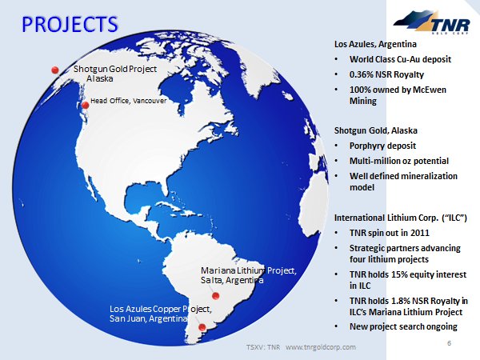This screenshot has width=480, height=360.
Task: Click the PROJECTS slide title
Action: click(70, 24)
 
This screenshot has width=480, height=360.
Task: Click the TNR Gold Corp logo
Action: click(432, 22)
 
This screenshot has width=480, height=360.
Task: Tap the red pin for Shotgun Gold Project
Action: click(55, 70)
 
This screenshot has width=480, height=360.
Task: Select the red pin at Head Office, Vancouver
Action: click(86, 106)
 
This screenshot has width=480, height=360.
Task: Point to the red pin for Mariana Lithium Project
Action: click(215, 296)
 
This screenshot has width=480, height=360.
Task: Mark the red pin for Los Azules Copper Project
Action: click(202, 327)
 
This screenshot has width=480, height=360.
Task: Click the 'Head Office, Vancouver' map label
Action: click(129, 101)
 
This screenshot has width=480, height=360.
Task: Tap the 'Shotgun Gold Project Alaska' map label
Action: click(115, 74)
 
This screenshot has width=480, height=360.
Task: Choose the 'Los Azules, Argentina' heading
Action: click(375, 44)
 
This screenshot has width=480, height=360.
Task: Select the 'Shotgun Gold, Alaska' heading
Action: click(376, 130)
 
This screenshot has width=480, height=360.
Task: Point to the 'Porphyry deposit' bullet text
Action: click(382, 146)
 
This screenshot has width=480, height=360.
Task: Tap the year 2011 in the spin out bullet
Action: click(420, 233)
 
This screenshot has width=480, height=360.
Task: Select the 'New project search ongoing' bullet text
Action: click(403, 326)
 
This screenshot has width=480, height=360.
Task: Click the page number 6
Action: click(450, 343)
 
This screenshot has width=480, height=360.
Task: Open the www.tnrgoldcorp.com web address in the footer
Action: click(321, 347)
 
